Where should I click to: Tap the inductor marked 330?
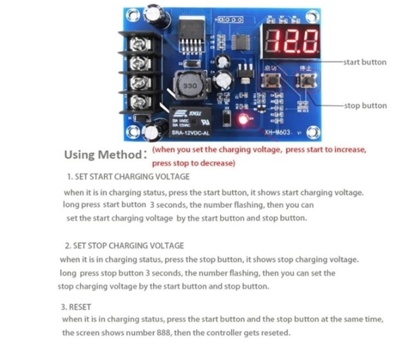(x=190, y=86)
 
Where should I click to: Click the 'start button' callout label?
(x=365, y=62)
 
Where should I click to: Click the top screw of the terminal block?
(x=139, y=42)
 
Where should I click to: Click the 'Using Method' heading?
(x=102, y=155)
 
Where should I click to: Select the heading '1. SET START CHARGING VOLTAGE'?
(x=128, y=176)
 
